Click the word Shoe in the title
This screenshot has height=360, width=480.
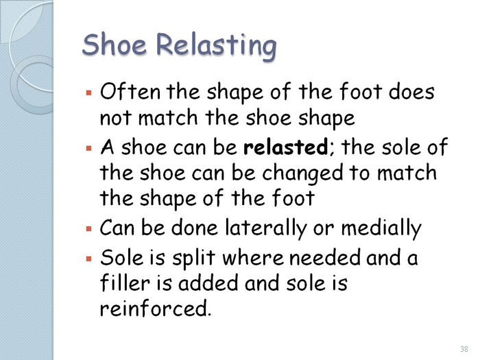coord(115,45)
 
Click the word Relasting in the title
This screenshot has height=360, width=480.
coord(217,47)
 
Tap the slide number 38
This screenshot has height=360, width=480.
coord(464,349)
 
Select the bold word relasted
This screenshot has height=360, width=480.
coord(285,147)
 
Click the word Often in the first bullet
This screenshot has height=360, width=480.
coord(130,91)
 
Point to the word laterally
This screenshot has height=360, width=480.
coord(266,228)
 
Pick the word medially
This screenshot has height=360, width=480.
coord(381,228)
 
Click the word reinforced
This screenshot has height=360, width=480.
coord(156,309)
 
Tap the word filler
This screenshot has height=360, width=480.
coord(125,283)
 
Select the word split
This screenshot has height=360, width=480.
coord(193,258)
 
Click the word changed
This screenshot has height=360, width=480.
coord(303,173)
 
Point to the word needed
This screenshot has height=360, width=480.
coord(325,256)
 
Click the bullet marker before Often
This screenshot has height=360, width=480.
coord(89,92)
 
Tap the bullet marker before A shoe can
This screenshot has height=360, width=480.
coord(89,149)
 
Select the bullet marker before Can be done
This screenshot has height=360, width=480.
coord(89,228)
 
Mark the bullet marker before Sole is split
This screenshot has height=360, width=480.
coord(89,259)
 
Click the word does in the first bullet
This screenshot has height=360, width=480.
coord(411,91)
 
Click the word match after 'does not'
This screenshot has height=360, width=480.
coord(168,117)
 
